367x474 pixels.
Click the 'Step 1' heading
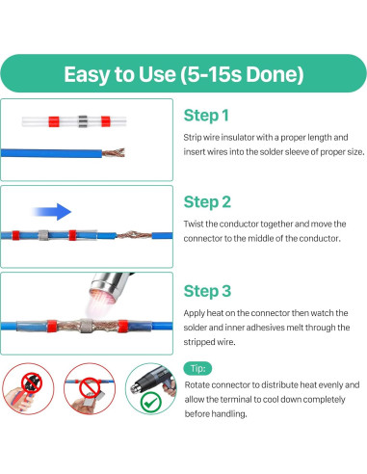pos(206,116)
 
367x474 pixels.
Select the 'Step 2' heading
pos(207,202)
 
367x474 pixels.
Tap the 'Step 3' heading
pos(207,291)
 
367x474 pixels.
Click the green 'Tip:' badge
pos(197,368)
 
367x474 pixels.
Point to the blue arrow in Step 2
pos(51,212)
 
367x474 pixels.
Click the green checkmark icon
pos(150,403)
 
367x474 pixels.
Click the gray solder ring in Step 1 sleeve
pos(83,121)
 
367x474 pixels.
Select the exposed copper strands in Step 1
pos(114,152)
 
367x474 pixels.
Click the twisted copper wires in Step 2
pos(134,235)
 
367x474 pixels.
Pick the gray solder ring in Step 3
pos(86,326)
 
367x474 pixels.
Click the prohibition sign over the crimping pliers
pos(32,382)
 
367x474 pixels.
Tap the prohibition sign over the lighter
pos(90,387)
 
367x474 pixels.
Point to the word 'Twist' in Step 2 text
pos(194,224)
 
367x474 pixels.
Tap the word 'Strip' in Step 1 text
pos(193,138)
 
